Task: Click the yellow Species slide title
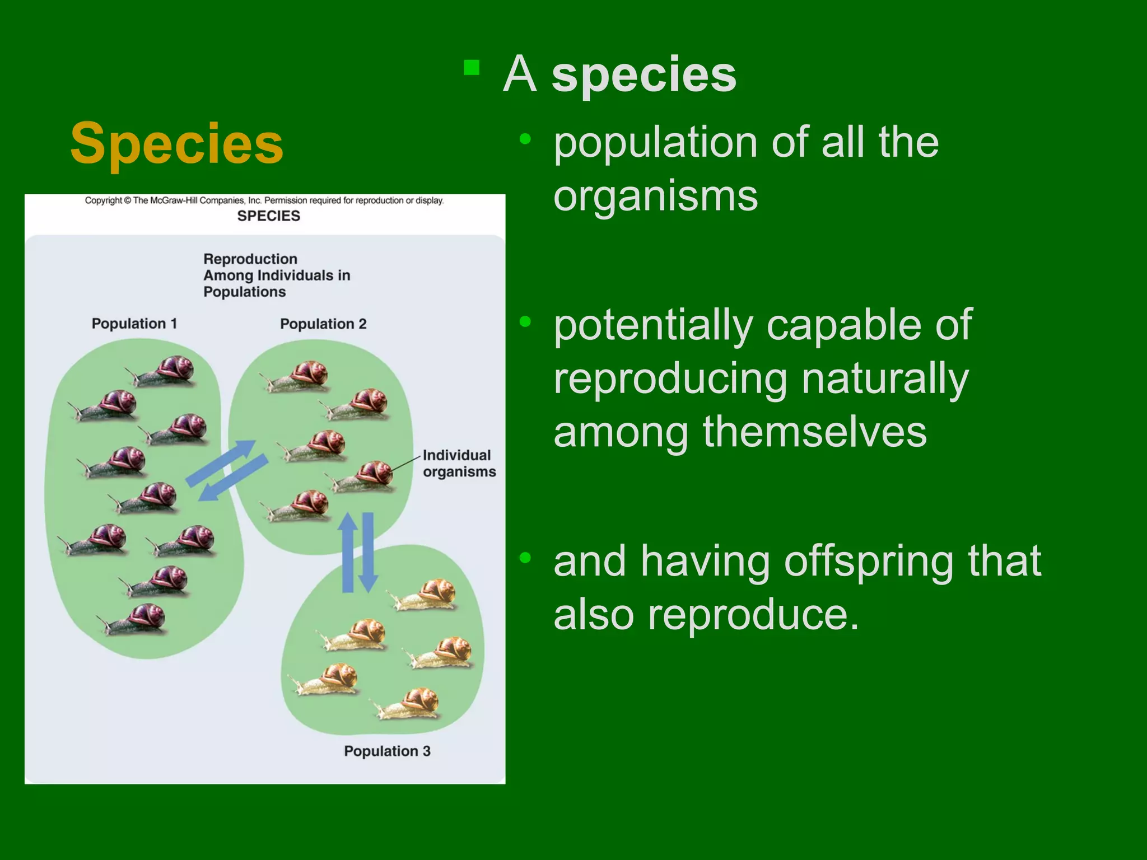point(177,143)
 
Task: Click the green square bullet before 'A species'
point(472,68)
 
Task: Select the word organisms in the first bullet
point(655,196)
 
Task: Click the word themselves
point(814,432)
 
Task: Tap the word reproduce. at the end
point(753,615)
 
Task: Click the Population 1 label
point(134,324)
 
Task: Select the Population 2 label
point(323,324)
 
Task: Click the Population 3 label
point(387,751)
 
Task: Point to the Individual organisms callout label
point(459,464)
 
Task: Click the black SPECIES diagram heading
point(268,216)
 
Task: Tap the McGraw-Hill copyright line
point(264,200)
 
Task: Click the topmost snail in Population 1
point(162,372)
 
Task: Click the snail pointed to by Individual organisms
point(364,477)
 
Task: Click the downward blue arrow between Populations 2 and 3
point(368,552)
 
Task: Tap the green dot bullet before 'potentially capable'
point(525,321)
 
